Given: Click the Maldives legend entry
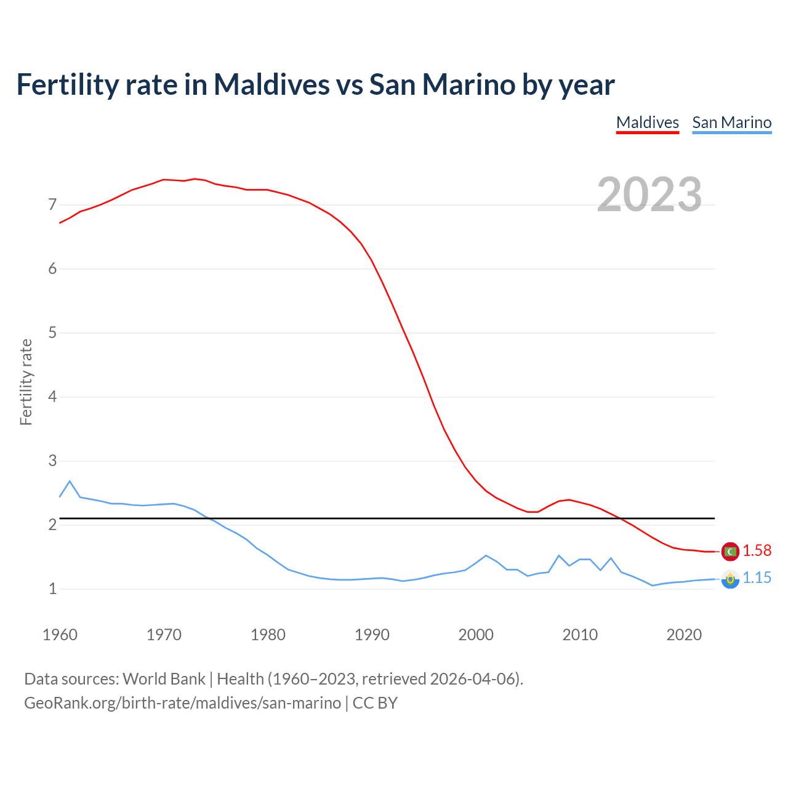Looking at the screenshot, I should coord(647,123).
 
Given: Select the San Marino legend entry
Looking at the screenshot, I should coord(731,123).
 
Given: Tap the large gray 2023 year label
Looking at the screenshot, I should coord(649,195).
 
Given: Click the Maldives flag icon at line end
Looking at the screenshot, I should coord(730,552).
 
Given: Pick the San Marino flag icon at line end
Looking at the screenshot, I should coord(730,579).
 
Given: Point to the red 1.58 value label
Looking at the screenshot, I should coord(757,551).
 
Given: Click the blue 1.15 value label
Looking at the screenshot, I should coord(757,578).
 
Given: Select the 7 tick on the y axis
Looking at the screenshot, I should coord(52,204).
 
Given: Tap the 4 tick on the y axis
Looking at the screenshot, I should coord(52,396).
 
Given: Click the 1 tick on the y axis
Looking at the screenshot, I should coord(52,589).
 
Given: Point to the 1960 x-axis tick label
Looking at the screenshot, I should coord(60,635).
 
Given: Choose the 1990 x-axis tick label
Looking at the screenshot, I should coord(372,635).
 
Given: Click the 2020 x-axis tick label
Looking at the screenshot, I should coord(684,635).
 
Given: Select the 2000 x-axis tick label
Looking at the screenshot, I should coord(476,635).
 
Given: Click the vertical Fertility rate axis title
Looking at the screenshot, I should coord(26,382).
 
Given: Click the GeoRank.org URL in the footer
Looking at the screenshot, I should coord(182,703).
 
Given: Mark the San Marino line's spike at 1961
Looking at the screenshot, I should coord(70,481).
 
